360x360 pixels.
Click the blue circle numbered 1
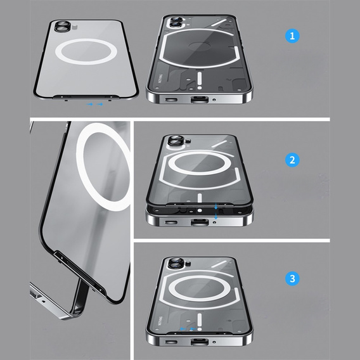click(x=292, y=36)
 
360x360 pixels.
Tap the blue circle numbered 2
click(x=292, y=160)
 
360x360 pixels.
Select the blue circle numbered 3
click(x=292, y=278)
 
